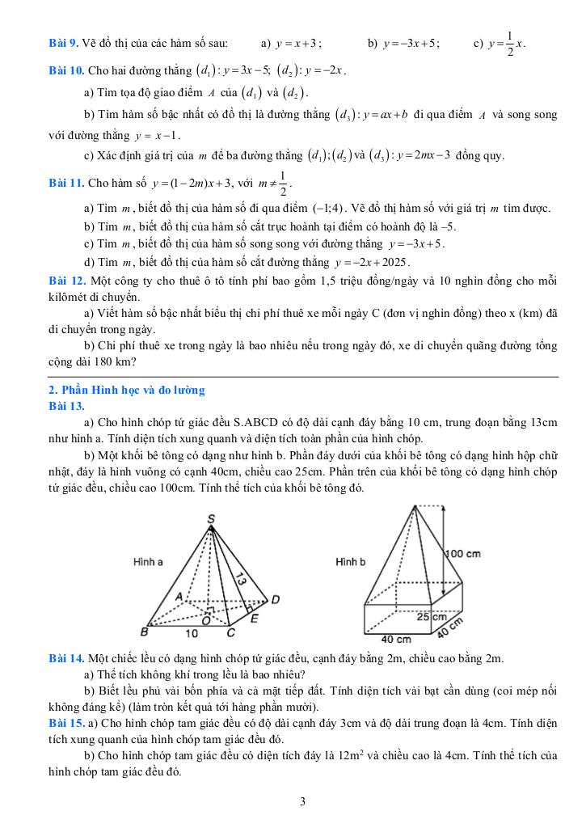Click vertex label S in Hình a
[x=211, y=518]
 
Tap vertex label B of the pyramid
[x=145, y=632]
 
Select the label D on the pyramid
[x=275, y=599]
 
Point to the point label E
[x=254, y=619]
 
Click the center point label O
[x=205, y=620]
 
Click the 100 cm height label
[x=463, y=554]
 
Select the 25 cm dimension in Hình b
[x=432, y=616]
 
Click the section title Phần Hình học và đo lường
[x=127, y=390]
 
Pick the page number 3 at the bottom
[x=302, y=802]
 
